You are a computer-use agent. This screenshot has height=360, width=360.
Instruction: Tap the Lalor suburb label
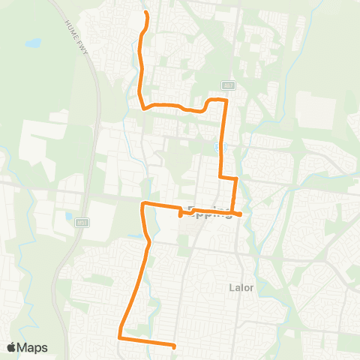(x=240, y=286)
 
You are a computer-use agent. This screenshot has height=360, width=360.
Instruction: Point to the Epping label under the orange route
(x=209, y=211)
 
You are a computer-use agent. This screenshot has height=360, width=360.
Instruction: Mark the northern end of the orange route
(x=145, y=13)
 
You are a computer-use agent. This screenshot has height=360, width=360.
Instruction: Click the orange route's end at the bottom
(x=174, y=346)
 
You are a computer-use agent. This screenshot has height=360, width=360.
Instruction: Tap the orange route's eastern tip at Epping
(x=240, y=214)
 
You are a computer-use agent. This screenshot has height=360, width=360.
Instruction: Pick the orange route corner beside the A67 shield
(x=224, y=99)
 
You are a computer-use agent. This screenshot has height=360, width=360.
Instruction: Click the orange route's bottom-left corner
(x=118, y=337)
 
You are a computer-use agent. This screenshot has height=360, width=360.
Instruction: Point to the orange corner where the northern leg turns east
(x=142, y=108)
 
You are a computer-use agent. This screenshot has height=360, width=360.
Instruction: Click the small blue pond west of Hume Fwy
(x=32, y=43)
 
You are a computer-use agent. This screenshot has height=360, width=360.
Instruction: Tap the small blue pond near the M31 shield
(x=69, y=217)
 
